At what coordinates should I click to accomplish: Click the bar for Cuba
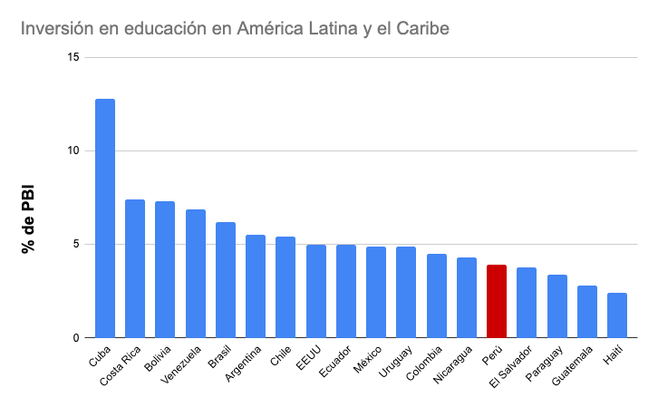(105, 218)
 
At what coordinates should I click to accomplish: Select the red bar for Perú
(497, 301)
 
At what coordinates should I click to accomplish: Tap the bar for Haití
(617, 315)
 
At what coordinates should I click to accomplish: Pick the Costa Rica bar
(135, 268)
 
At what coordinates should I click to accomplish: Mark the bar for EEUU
(316, 291)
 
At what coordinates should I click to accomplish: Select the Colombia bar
(437, 296)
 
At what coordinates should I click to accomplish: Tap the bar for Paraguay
(557, 305)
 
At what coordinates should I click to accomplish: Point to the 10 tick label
(73, 150)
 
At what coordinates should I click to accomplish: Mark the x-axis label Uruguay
(398, 364)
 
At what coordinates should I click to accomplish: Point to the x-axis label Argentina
(247, 366)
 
